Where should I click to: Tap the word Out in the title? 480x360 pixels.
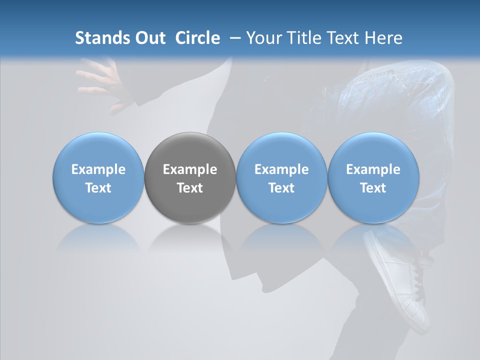click(x=148, y=38)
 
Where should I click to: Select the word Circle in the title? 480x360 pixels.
click(x=197, y=38)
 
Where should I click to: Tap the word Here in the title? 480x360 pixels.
click(x=383, y=38)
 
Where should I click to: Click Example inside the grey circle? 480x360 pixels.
click(x=190, y=170)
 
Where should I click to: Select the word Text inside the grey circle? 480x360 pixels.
click(x=190, y=188)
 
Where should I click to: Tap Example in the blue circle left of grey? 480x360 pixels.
click(x=98, y=170)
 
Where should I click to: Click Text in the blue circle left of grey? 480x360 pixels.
click(x=98, y=188)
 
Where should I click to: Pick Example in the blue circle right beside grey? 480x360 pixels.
click(x=281, y=170)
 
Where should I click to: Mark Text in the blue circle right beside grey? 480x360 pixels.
click(x=281, y=188)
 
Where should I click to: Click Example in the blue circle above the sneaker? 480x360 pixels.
click(x=373, y=170)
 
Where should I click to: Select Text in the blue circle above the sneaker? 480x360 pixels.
click(x=373, y=188)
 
